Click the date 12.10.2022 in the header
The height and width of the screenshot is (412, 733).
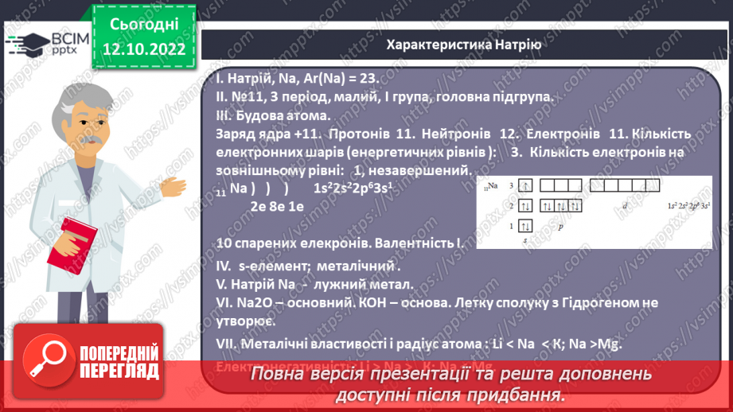click(x=144, y=49)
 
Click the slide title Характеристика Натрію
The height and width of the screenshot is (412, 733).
click(x=463, y=45)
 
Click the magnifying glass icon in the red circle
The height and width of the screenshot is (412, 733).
click(x=47, y=358)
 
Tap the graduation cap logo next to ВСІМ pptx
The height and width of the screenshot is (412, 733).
click(x=29, y=41)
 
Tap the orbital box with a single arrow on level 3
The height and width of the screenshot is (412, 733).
click(x=525, y=185)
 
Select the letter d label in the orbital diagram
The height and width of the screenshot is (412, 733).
click(x=624, y=206)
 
